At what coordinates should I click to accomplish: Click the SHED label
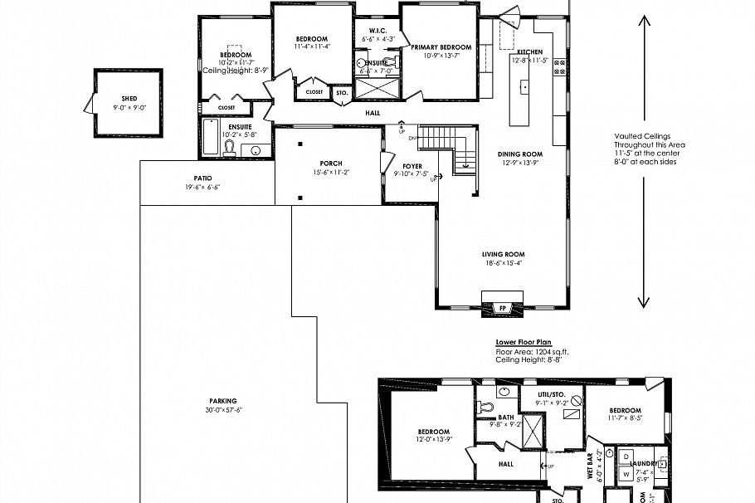click(128, 99)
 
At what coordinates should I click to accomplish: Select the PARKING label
click(222, 400)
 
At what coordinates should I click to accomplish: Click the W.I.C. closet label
click(370, 31)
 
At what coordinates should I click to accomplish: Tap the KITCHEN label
click(528, 51)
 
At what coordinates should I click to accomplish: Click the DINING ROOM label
click(519, 154)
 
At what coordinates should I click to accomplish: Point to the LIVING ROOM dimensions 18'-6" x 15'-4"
click(504, 263)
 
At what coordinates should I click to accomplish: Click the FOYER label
click(412, 167)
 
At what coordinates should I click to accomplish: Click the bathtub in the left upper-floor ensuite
click(211, 142)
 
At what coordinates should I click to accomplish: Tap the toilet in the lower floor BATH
click(486, 407)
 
